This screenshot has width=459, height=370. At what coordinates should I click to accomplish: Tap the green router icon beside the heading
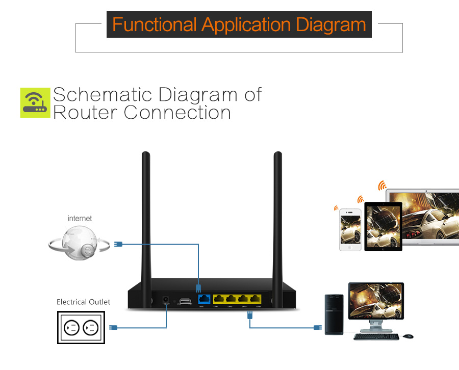coord(35,102)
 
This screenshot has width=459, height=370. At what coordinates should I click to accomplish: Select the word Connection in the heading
coord(177,112)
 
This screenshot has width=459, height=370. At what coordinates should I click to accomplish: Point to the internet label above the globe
coord(80,218)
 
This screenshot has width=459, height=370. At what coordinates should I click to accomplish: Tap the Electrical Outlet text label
coord(83,302)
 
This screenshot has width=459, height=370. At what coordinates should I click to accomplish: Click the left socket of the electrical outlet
coord(71,327)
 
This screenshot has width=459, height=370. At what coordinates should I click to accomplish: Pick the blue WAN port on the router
coord(204,299)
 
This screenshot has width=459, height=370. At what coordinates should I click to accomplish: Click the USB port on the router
coord(185,301)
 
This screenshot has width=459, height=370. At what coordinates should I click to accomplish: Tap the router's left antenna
coord(146,214)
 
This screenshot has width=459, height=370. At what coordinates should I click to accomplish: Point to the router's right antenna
coord(277,214)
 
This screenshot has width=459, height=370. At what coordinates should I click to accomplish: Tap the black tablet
coord(382,226)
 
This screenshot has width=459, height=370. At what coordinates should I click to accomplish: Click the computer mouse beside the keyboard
coord(408,336)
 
